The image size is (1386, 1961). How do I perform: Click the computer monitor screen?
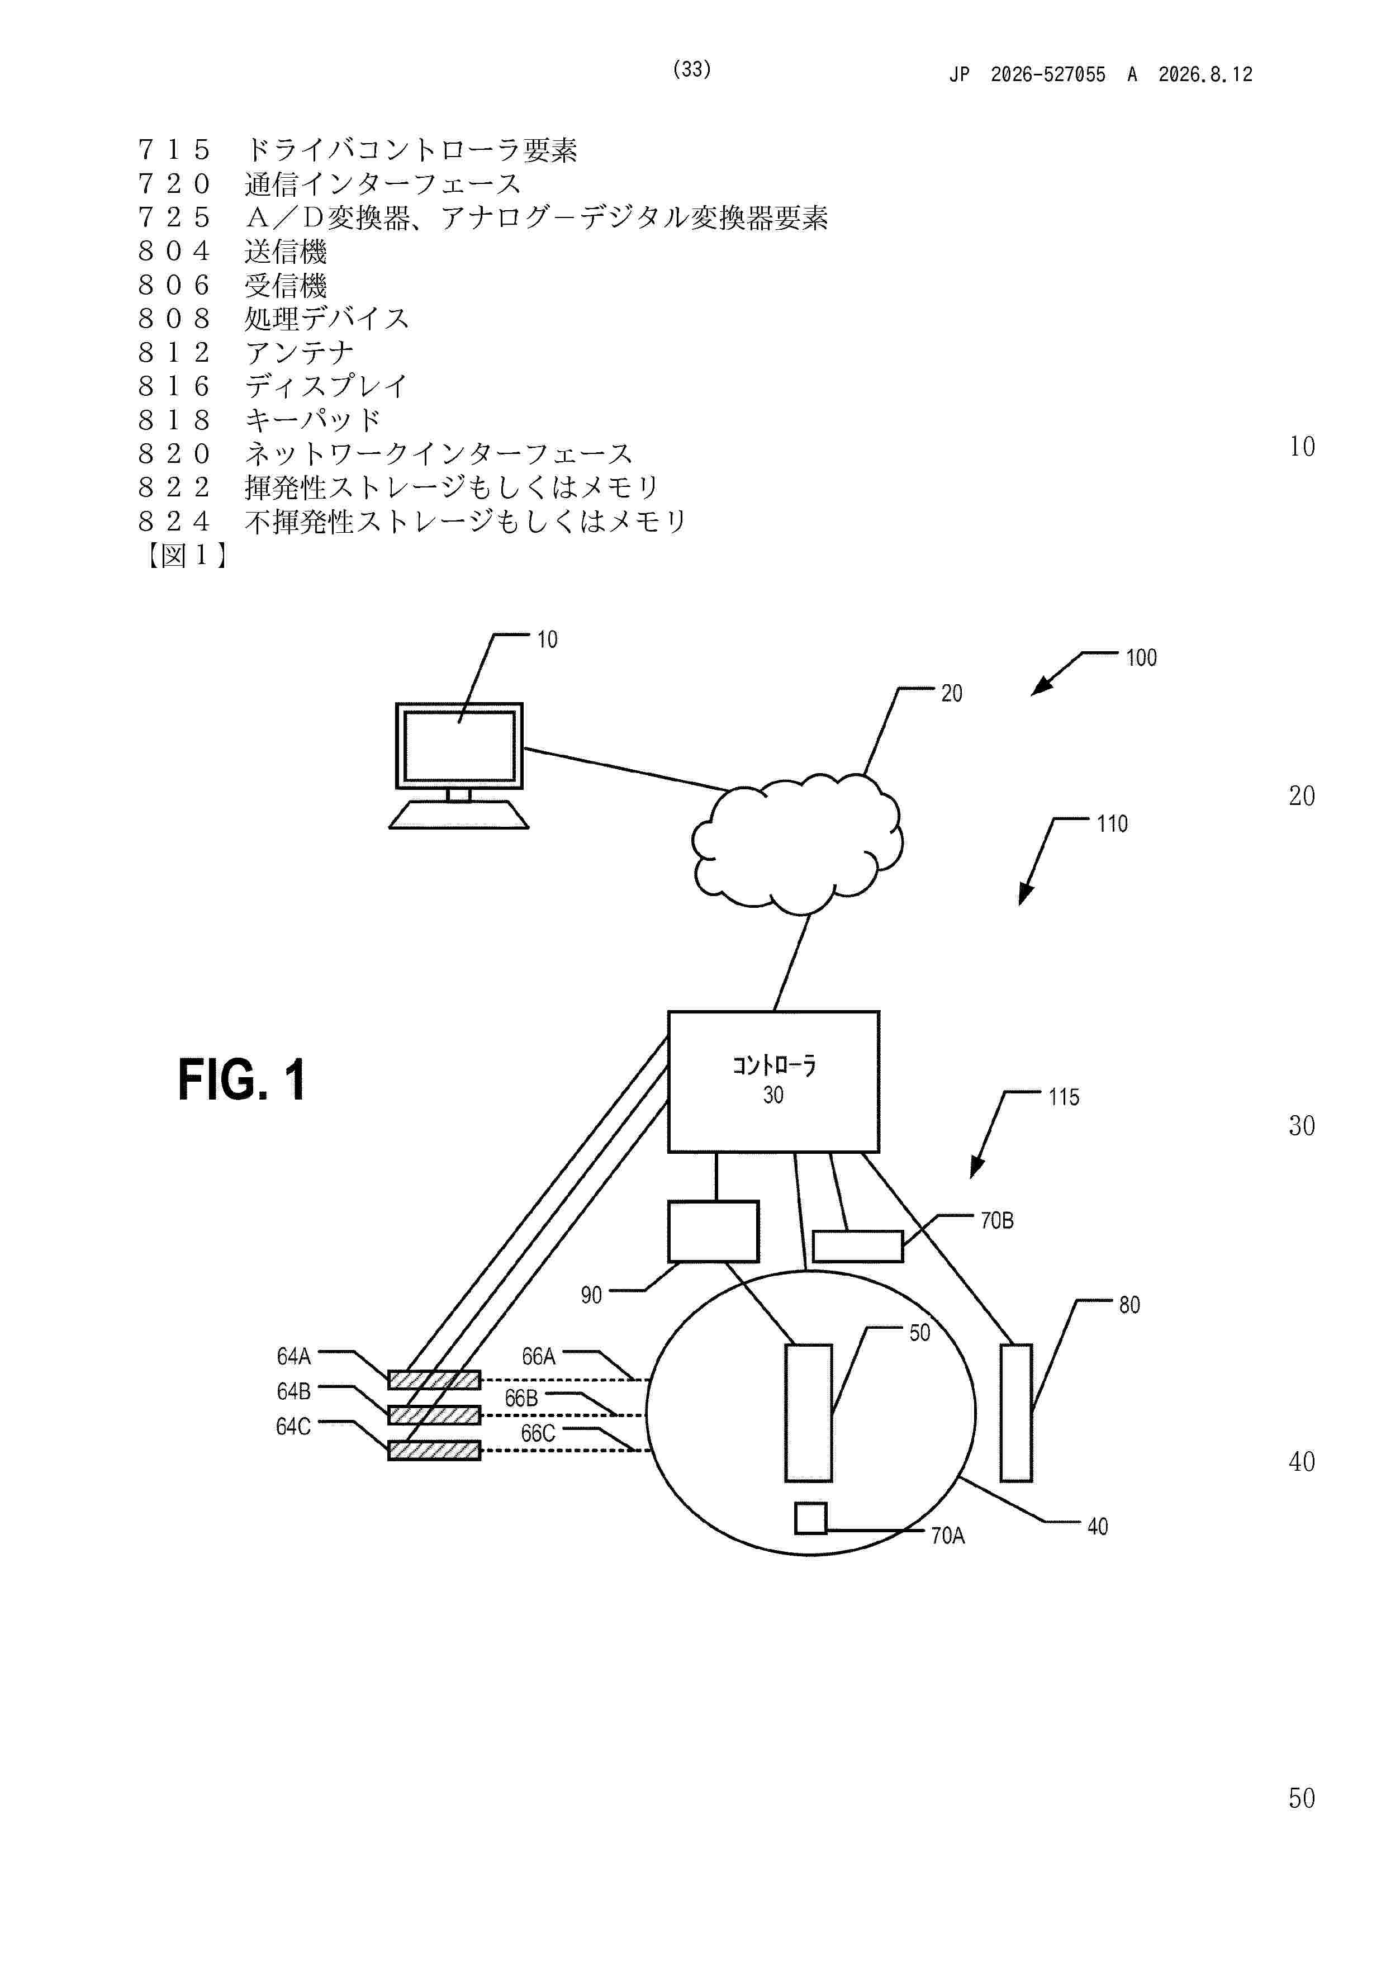coord(459,746)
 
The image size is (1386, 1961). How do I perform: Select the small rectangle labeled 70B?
coord(857,1246)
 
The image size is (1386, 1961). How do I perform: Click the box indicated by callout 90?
coord(713,1231)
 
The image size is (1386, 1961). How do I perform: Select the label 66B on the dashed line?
coord(521,1398)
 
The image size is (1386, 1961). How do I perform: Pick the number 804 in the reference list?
coord(174,251)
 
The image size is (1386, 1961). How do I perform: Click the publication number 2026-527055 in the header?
coord(1048,74)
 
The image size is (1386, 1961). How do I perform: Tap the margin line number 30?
coord(1302,1126)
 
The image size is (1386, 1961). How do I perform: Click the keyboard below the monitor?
coord(459,815)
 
